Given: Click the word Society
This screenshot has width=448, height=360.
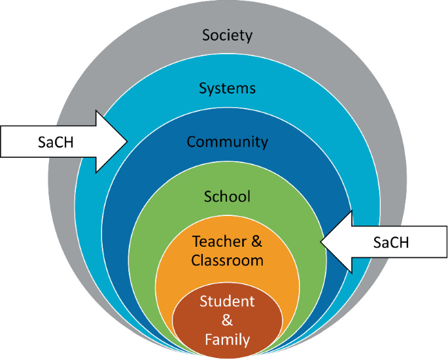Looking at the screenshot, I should [227, 35].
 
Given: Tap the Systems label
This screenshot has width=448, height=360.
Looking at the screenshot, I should [227, 88].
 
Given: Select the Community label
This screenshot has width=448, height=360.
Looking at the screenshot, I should [227, 141].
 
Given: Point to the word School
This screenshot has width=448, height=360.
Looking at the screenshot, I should [227, 195].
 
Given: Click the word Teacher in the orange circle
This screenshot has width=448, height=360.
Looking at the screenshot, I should [215, 242].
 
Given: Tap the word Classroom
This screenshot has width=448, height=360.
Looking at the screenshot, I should [227, 260].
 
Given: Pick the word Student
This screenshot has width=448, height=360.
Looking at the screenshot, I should [227, 302].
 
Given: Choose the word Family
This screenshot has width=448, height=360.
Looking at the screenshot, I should [227, 339].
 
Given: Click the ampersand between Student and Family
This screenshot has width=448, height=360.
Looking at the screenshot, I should [227, 321].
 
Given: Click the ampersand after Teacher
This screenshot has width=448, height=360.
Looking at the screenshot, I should [256, 242].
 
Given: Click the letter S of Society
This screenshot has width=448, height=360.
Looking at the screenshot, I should [206, 35].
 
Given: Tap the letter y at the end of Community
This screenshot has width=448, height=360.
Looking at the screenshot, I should [264, 143].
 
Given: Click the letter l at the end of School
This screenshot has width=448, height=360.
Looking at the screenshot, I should [249, 195].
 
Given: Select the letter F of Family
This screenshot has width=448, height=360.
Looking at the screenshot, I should [209, 339].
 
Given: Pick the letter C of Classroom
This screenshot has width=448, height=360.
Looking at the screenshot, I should [196, 260].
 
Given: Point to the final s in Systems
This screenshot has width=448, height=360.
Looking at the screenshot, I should [252, 88].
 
